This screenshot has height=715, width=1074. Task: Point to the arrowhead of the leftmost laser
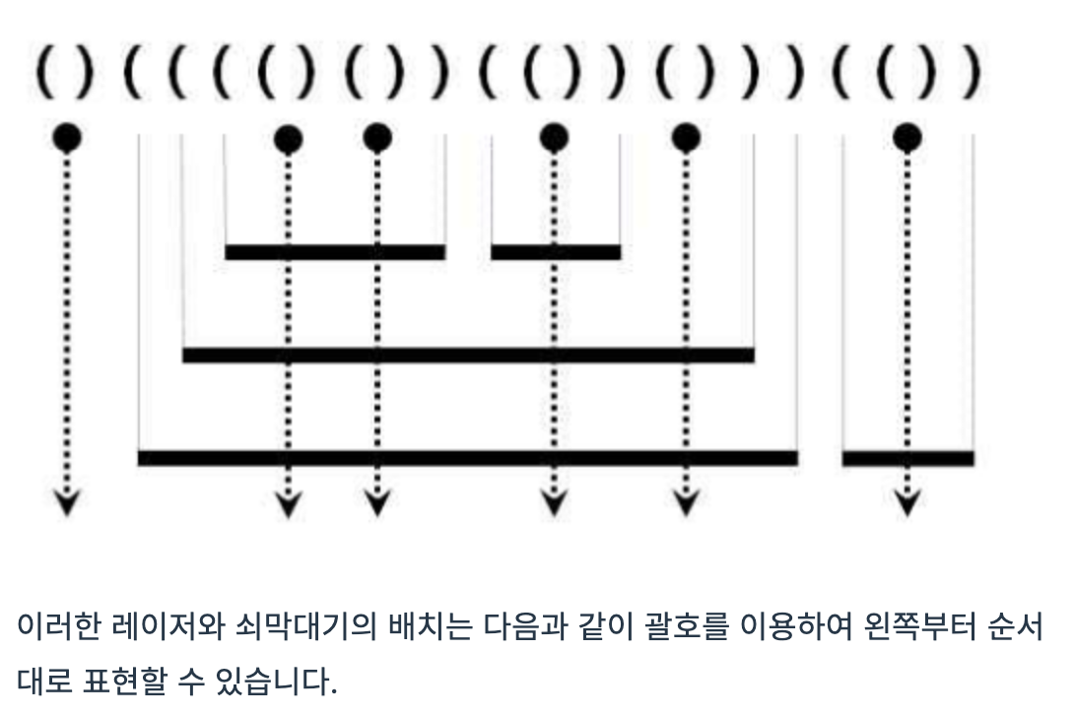66,503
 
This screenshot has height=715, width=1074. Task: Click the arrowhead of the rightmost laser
906,503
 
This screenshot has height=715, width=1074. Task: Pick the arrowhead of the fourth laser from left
554,503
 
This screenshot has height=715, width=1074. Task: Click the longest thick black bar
467,457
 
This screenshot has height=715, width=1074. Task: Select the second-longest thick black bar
468,355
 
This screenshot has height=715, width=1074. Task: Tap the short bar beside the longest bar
907,457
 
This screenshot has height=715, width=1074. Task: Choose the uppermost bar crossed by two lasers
335,252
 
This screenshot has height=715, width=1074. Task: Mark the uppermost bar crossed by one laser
556,252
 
